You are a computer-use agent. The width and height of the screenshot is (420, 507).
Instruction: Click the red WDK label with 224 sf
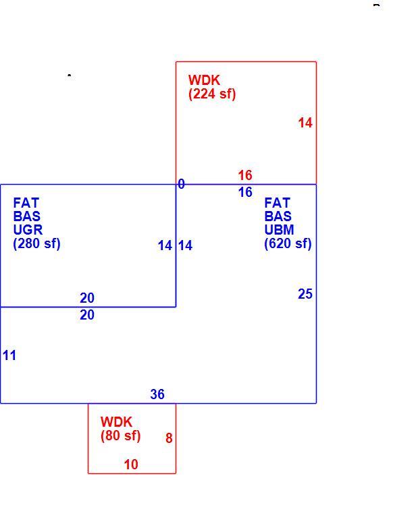click(212, 87)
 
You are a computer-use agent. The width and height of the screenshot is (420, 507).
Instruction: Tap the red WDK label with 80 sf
click(120, 429)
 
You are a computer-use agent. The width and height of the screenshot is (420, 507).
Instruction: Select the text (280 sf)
click(36, 243)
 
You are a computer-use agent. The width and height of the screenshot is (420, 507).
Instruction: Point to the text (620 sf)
click(288, 243)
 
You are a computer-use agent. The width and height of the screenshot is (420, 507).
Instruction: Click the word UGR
click(28, 230)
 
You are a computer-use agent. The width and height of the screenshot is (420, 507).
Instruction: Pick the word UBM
click(279, 230)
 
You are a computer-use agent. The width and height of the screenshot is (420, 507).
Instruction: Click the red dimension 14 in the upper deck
click(305, 123)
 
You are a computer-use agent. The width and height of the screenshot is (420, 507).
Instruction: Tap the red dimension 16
click(245, 175)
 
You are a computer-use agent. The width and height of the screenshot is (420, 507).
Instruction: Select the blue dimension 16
click(245, 192)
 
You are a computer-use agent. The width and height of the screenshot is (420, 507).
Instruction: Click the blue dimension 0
click(182, 184)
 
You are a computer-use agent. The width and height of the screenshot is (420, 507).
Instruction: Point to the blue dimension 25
click(305, 294)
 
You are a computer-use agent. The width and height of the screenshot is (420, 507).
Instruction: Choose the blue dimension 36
click(157, 394)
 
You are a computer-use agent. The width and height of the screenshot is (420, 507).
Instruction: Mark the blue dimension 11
click(9, 355)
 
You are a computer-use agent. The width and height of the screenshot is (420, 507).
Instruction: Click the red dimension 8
click(169, 438)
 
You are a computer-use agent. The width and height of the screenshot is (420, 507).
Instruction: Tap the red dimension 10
click(131, 465)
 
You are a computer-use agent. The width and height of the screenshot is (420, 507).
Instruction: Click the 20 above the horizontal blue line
click(87, 298)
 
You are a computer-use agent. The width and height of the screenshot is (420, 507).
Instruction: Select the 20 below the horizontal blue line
click(87, 315)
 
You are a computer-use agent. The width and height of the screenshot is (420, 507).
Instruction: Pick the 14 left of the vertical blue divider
click(165, 245)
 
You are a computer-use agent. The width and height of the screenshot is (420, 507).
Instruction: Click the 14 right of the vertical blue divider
click(185, 245)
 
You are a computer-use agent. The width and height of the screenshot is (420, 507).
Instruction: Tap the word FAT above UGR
click(26, 203)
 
